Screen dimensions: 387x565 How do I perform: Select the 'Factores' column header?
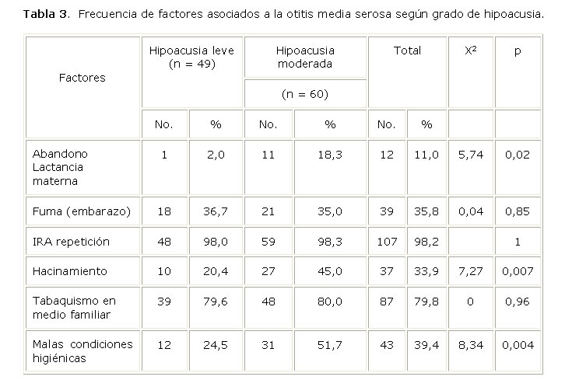point(82,77)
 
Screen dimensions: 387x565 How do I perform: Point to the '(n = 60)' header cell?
point(304,94)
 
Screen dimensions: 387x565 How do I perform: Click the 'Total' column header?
point(407,51)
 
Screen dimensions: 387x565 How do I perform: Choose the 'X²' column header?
point(471,51)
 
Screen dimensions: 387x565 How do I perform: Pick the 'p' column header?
point(518,51)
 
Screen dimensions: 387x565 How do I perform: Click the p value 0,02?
point(517,155)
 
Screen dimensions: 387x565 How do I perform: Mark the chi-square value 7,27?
point(471,271)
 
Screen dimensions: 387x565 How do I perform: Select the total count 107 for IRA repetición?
point(386,242)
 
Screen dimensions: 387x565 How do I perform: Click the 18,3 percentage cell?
point(330,155)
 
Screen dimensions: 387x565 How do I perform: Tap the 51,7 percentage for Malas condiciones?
point(330,344)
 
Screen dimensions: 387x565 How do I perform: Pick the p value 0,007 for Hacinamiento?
point(517,271)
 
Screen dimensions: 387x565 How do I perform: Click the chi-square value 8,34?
point(471,344)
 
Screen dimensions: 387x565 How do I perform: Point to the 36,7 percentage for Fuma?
point(216,211)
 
